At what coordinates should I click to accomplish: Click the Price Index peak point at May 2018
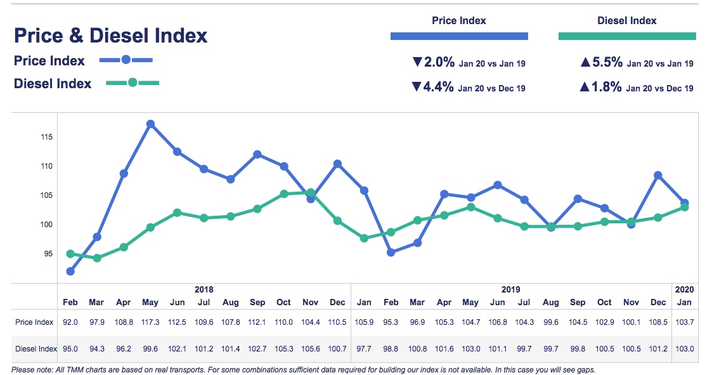(x=150, y=124)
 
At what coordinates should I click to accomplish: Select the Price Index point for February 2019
(x=391, y=252)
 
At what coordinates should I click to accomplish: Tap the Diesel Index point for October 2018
(x=284, y=194)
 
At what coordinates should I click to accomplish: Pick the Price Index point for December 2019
(x=658, y=175)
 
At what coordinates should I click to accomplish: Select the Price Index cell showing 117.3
(x=150, y=322)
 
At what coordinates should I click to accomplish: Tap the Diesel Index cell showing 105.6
(x=311, y=349)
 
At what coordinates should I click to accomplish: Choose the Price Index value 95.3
(x=391, y=322)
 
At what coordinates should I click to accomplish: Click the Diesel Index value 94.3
(x=97, y=349)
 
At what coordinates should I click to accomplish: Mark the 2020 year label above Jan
(x=685, y=289)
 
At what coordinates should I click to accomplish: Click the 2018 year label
(x=204, y=289)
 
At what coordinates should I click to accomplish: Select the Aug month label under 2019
(x=551, y=303)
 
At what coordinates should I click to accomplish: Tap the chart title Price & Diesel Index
(x=110, y=36)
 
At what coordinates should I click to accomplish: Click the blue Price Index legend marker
(x=126, y=60)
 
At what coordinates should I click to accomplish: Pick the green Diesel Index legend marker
(x=132, y=82)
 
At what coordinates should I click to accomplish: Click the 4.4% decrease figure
(x=438, y=88)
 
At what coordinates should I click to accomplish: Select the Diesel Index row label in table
(x=36, y=349)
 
